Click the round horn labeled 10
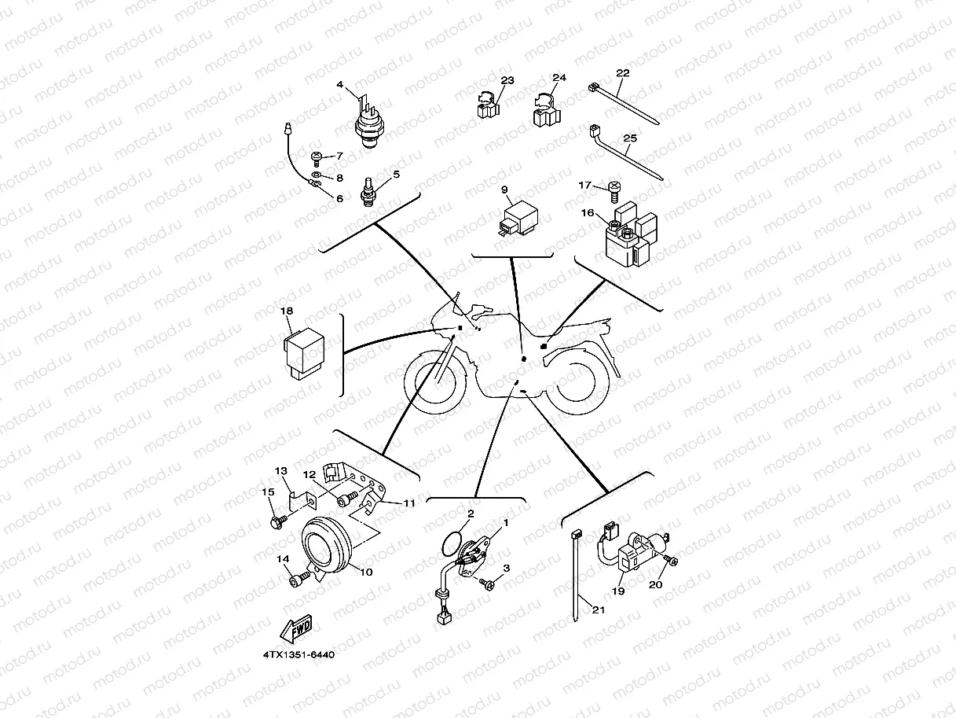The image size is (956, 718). point(326,545)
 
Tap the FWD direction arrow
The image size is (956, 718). point(296,629)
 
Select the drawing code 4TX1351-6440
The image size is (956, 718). point(299,655)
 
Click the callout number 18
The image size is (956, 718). point(287,311)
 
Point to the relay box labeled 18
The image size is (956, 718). point(304,353)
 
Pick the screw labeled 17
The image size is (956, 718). point(614,192)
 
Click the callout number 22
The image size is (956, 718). point(623,73)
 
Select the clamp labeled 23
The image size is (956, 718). point(489,105)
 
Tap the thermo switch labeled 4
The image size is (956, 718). point(369,123)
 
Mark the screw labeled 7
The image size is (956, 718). point(317,159)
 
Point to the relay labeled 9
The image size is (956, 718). point(519,219)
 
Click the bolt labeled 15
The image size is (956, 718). point(279,521)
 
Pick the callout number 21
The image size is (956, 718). point(599,609)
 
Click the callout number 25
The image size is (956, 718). point(630,138)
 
